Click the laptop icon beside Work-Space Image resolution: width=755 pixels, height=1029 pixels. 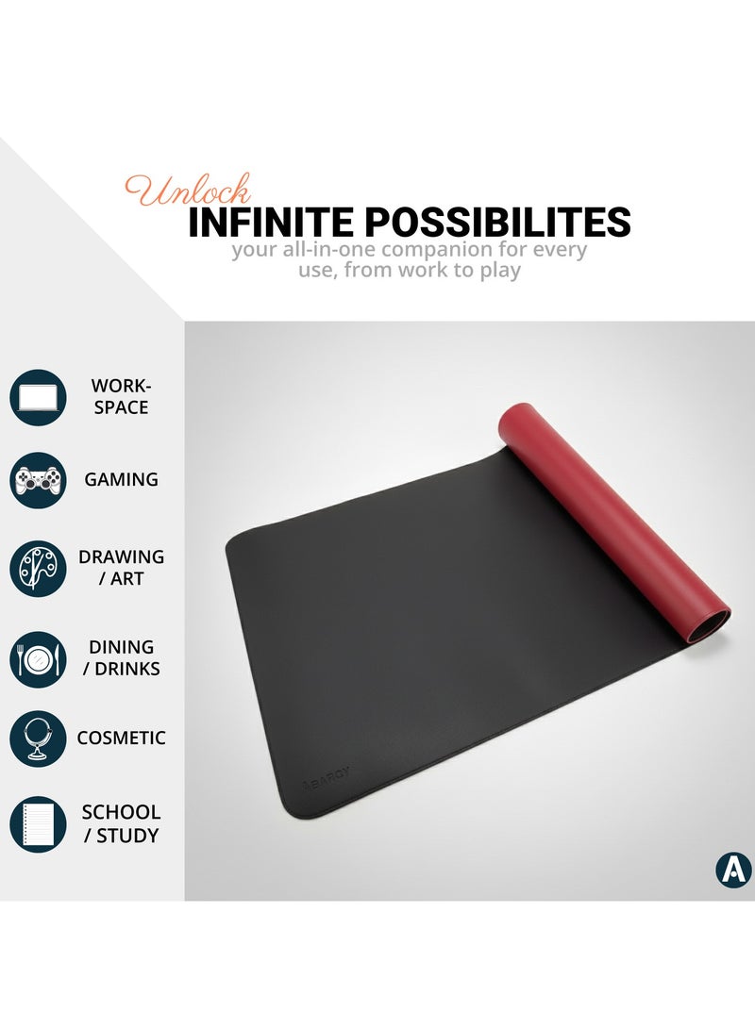click(x=38, y=397)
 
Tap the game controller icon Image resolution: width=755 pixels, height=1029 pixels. click(x=38, y=480)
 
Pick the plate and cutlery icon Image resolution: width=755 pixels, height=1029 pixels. click(x=38, y=658)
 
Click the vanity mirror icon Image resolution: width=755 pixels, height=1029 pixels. click(x=38, y=739)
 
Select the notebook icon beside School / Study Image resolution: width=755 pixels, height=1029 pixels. click(x=38, y=824)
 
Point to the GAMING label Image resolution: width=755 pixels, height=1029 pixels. click(x=121, y=479)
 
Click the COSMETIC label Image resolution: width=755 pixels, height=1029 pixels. click(x=121, y=739)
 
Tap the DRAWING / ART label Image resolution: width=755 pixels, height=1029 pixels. click(x=121, y=568)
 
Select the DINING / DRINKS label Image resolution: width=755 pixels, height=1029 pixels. click(x=121, y=657)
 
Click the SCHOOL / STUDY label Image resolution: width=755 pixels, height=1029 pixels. click(x=121, y=823)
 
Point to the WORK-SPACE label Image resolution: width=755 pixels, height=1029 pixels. click(x=121, y=396)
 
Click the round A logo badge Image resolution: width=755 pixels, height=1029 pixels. click(x=733, y=870)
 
